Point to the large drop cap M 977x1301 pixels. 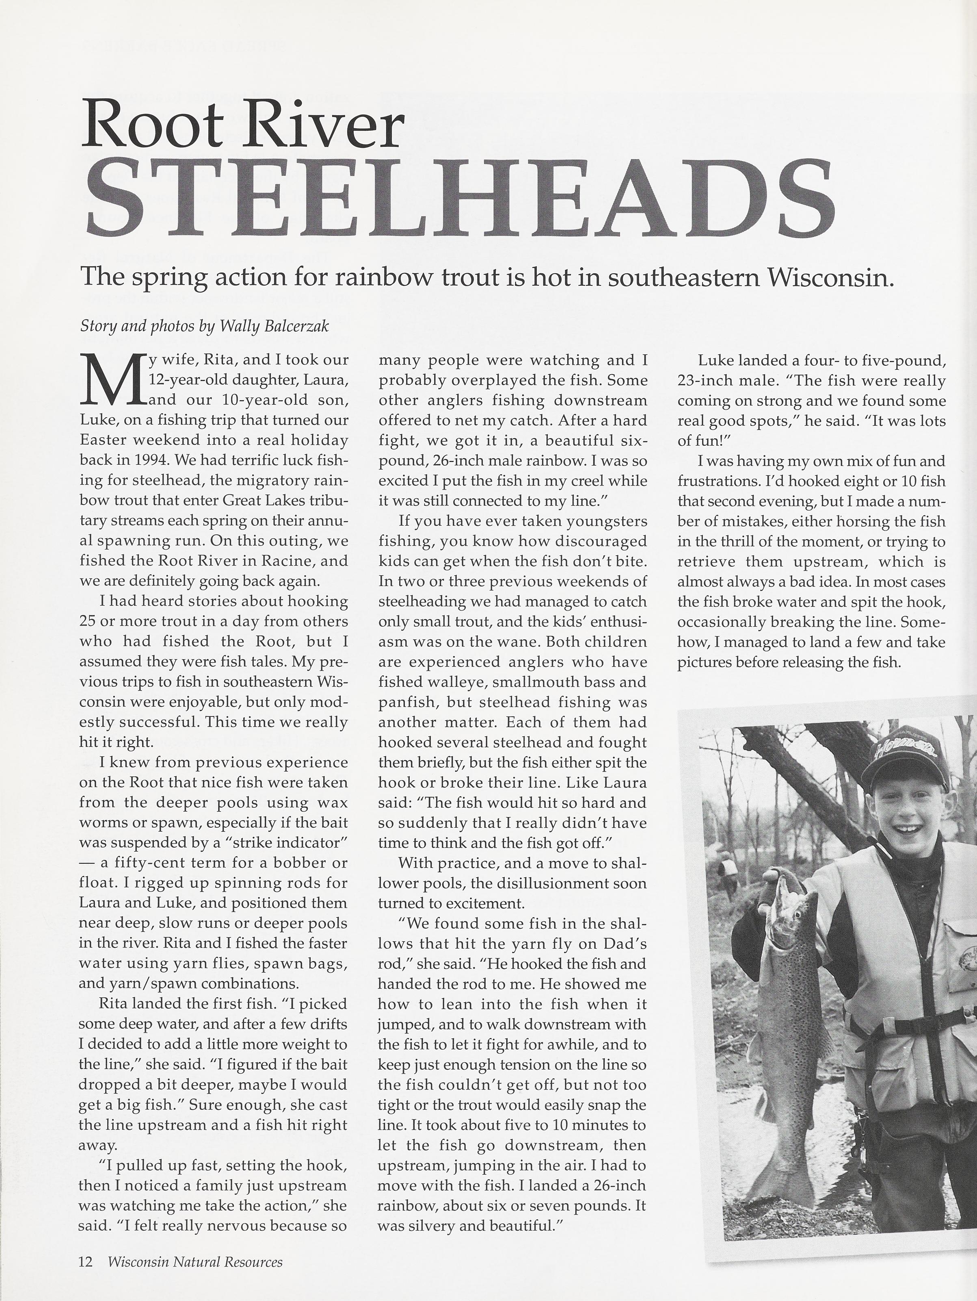click(112, 380)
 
